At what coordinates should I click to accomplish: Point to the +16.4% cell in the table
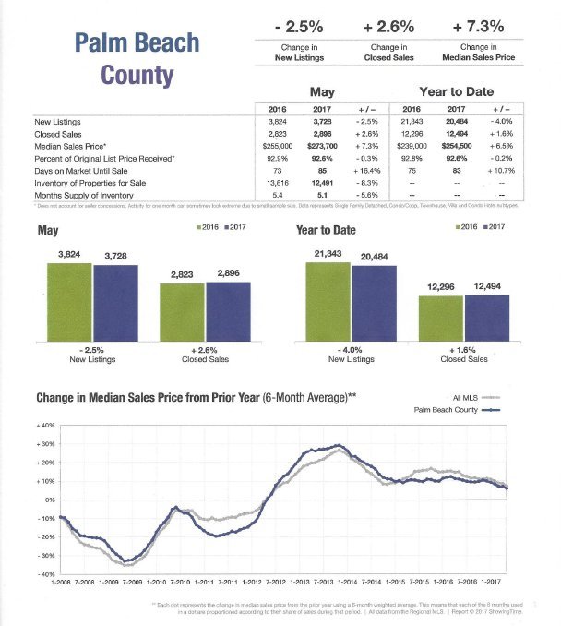tap(367, 171)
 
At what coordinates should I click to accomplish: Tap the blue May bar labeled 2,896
tap(227, 310)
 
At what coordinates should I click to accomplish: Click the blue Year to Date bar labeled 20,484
tap(374, 302)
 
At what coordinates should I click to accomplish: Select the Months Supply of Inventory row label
tap(84, 195)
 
